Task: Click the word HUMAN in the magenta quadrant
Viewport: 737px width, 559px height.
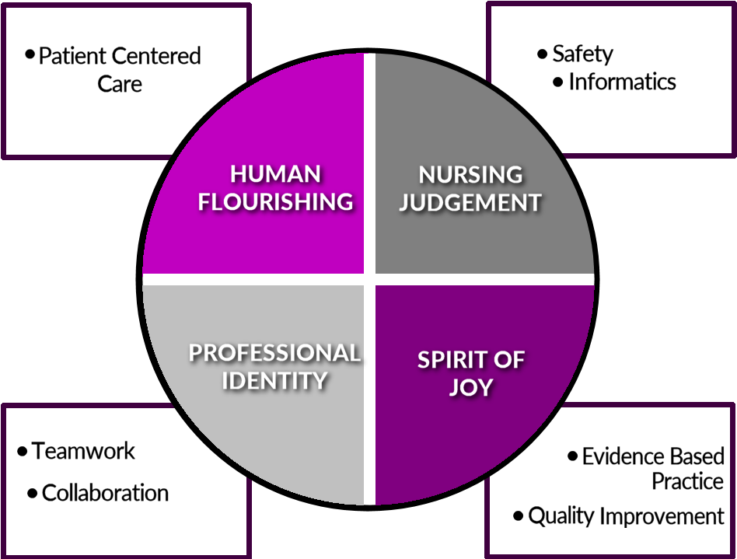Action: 276,173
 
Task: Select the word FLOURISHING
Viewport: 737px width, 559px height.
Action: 276,201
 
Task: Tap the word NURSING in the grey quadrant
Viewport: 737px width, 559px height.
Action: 470,173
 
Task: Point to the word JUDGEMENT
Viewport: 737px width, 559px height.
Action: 470,202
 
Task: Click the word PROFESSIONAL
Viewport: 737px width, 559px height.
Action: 275,353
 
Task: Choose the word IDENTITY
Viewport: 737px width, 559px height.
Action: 275,381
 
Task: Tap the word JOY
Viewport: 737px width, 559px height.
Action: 471,387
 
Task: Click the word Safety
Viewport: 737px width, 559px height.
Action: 582,54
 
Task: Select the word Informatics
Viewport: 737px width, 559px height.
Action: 622,82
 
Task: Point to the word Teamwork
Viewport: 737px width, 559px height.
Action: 83,451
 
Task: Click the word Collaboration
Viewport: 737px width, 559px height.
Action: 105,493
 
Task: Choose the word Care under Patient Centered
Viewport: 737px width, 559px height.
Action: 120,83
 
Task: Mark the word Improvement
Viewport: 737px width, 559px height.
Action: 662,515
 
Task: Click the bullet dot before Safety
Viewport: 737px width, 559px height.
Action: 542,54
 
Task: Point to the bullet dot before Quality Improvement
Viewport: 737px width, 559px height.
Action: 518,515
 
